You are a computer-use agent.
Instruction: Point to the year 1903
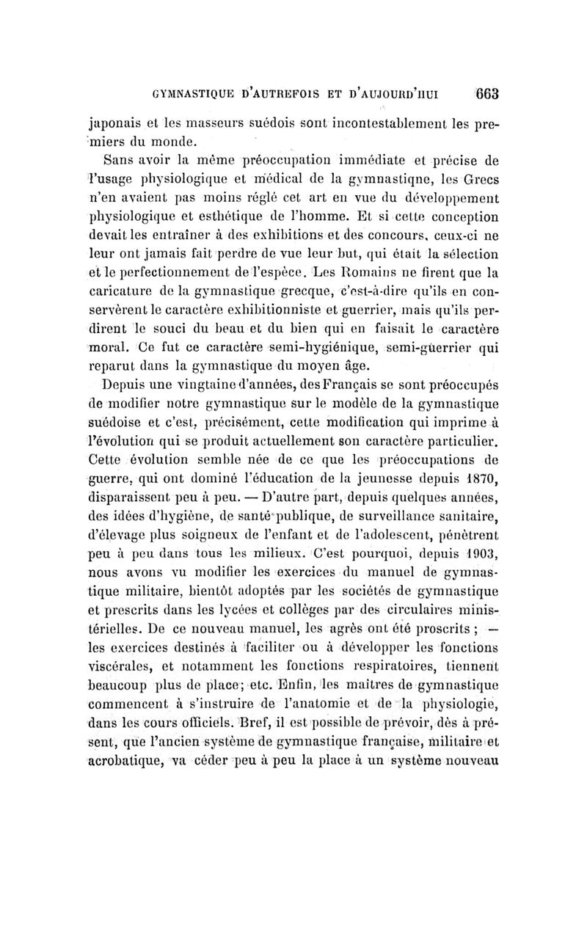[x=481, y=567]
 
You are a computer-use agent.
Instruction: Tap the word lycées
[x=234, y=625]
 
